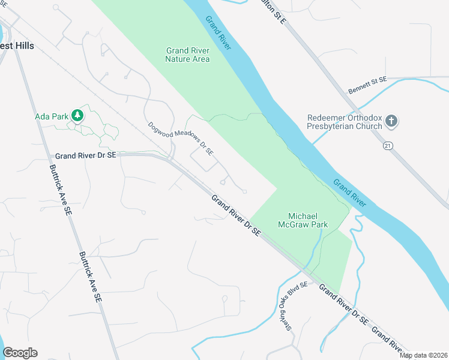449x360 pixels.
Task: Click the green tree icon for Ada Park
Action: (x=77, y=115)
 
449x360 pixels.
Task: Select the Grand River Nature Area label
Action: (x=187, y=55)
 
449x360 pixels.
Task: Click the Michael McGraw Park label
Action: (x=303, y=220)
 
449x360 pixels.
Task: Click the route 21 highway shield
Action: (x=388, y=145)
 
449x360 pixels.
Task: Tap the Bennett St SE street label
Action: (x=368, y=86)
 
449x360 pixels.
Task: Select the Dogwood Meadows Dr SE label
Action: (x=181, y=139)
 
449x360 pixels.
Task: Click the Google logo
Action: (x=20, y=353)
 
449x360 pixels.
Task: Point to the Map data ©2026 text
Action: (x=424, y=355)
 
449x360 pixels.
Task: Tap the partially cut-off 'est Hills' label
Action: (x=17, y=46)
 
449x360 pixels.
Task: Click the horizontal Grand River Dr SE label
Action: (x=84, y=155)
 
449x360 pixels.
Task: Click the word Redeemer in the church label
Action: (x=325, y=118)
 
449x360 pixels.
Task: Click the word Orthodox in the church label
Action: (x=363, y=118)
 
